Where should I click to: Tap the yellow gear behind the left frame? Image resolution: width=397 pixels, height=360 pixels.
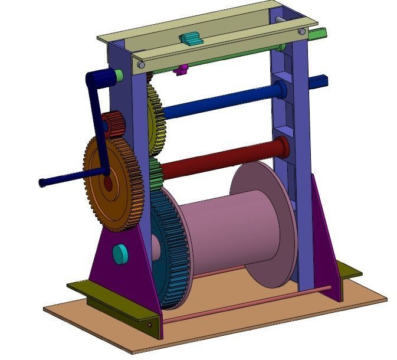(155, 118)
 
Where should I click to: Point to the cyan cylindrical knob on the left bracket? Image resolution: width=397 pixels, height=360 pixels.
(120, 254)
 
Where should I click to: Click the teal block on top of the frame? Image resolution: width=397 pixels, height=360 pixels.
(191, 39)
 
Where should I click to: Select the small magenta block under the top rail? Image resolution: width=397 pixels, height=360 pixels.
(181, 70)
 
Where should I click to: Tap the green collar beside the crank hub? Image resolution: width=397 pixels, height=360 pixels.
(119, 76)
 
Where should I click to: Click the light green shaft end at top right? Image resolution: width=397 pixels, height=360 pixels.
(317, 34)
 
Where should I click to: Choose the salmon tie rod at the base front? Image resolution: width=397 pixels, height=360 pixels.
(248, 305)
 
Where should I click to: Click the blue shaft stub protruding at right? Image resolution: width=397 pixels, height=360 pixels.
(319, 81)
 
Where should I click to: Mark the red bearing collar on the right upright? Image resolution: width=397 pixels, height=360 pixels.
(283, 147)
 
